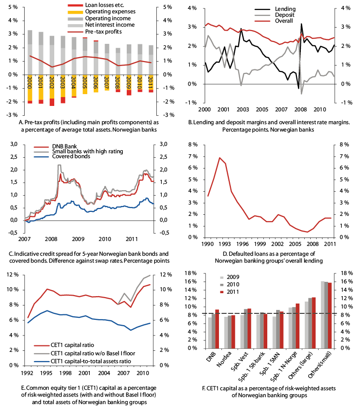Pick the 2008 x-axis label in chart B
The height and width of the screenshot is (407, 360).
(x=299, y=108)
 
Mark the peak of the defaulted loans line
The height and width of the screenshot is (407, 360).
(x=219, y=158)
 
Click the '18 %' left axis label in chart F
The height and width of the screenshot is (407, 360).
(x=190, y=272)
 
